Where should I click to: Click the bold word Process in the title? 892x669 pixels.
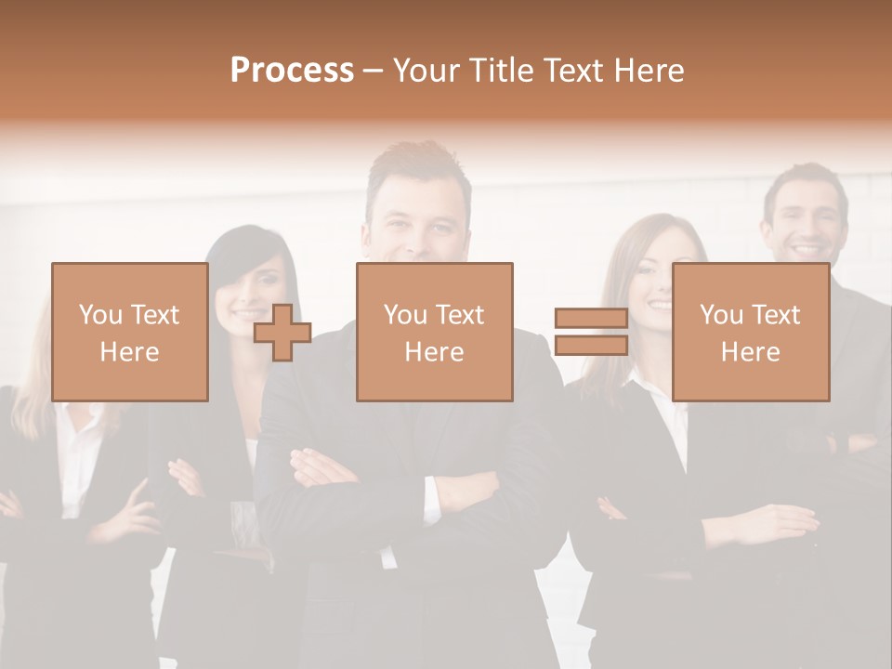292,71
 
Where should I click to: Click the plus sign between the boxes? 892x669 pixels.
282,333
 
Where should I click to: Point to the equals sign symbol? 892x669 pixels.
591,332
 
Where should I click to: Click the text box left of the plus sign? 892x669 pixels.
129,332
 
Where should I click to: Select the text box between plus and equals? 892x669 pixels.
434,332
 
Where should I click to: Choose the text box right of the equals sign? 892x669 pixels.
750,332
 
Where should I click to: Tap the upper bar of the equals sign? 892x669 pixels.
591,319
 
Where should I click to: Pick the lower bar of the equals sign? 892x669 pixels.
591,346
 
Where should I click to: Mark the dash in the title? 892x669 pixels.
373,71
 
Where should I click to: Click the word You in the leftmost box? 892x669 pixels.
99,315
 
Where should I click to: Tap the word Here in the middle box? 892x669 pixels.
434,352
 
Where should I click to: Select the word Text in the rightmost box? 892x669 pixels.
777,315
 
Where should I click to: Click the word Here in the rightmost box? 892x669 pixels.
750,352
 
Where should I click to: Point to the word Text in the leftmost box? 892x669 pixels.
156,315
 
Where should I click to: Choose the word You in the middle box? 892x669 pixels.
404,315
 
